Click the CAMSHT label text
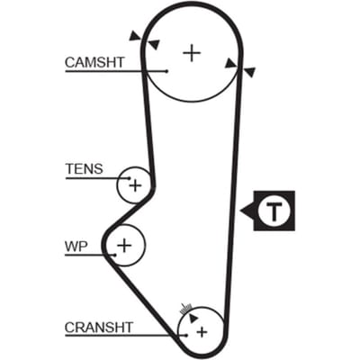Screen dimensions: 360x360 click(x=94, y=62)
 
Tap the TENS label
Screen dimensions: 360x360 click(x=85, y=169)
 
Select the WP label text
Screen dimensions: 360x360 click(x=76, y=247)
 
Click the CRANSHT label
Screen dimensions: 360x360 click(x=99, y=328)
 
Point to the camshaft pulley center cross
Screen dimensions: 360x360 click(x=192, y=53)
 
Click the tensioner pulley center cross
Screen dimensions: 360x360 click(x=135, y=185)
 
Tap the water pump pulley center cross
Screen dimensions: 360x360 click(x=124, y=246)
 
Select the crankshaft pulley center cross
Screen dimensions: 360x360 click(x=202, y=332)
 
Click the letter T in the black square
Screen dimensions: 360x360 click(x=274, y=211)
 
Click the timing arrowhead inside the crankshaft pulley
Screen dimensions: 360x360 click(x=193, y=319)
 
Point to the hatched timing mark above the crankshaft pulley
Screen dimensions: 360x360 click(x=185, y=309)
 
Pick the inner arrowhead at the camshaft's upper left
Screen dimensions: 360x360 click(x=154, y=45)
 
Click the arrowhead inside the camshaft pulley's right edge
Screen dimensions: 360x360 click(x=231, y=63)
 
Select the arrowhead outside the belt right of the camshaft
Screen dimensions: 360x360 click(x=249, y=72)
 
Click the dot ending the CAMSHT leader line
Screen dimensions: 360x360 click(x=167, y=71)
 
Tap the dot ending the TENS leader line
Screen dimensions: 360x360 click(x=130, y=178)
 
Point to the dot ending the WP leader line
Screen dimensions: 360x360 click(x=115, y=255)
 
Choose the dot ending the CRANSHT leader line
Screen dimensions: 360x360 click(x=186, y=335)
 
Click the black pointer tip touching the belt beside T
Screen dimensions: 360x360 click(x=240, y=211)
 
